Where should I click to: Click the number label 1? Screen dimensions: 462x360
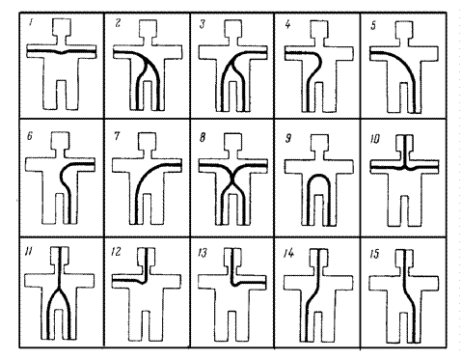click(x=31, y=23)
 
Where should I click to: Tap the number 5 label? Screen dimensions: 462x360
click(x=373, y=25)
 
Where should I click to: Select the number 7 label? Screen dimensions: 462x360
click(x=117, y=136)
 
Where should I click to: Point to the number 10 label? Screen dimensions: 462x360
click(x=375, y=139)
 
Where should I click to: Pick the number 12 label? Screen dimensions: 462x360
click(x=116, y=251)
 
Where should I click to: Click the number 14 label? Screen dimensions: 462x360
click(x=288, y=254)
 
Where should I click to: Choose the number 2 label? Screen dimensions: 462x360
click(x=118, y=23)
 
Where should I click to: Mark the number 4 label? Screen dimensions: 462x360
click(x=287, y=24)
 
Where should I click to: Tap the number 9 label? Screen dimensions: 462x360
click(x=288, y=138)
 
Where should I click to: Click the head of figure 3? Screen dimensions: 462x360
click(x=233, y=28)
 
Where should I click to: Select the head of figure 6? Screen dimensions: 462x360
click(x=60, y=140)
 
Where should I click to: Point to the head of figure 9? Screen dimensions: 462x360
click(x=319, y=143)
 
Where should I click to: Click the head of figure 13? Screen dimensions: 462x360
click(x=233, y=257)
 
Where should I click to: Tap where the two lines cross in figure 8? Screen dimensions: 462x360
click(x=232, y=182)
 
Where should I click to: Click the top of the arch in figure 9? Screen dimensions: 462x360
click(x=318, y=176)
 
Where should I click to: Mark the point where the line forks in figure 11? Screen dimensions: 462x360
click(x=60, y=288)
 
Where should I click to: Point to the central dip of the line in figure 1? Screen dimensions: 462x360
click(x=62, y=53)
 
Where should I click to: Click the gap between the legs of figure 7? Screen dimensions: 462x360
click(x=147, y=208)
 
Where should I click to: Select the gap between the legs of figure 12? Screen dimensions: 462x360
click(x=146, y=325)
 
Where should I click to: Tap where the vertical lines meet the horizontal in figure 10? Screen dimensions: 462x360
click(x=406, y=168)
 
